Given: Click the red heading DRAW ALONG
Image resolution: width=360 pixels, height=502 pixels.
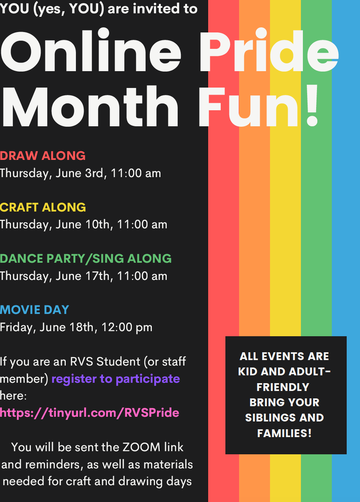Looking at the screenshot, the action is click(43, 156).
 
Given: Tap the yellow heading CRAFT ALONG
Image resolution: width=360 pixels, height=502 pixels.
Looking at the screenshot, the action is click(43, 207).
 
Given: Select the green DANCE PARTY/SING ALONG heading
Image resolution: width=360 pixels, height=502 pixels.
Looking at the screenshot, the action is click(86, 258).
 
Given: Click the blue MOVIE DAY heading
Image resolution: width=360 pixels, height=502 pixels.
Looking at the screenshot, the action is click(34, 310).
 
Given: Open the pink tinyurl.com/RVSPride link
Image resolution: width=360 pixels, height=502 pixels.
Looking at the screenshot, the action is click(90, 413).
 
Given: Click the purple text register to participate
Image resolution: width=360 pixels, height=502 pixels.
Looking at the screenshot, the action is click(116, 379).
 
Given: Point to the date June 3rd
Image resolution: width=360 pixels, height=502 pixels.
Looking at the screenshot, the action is click(79, 174).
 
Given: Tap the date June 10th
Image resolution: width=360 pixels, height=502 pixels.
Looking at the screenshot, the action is click(83, 225).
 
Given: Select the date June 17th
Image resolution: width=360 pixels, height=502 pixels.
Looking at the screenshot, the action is click(83, 276).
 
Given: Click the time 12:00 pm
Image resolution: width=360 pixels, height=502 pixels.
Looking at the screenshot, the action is click(127, 328).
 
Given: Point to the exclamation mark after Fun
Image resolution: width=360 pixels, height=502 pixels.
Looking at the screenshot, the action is click(312, 105).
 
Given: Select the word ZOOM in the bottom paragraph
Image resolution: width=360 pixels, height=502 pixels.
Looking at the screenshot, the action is click(141, 447).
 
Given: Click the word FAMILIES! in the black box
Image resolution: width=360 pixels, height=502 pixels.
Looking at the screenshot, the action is click(284, 433).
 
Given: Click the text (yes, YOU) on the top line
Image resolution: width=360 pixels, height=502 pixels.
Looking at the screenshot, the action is click(68, 9).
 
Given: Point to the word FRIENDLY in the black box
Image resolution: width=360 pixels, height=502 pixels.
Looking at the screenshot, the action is click(283, 387).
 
